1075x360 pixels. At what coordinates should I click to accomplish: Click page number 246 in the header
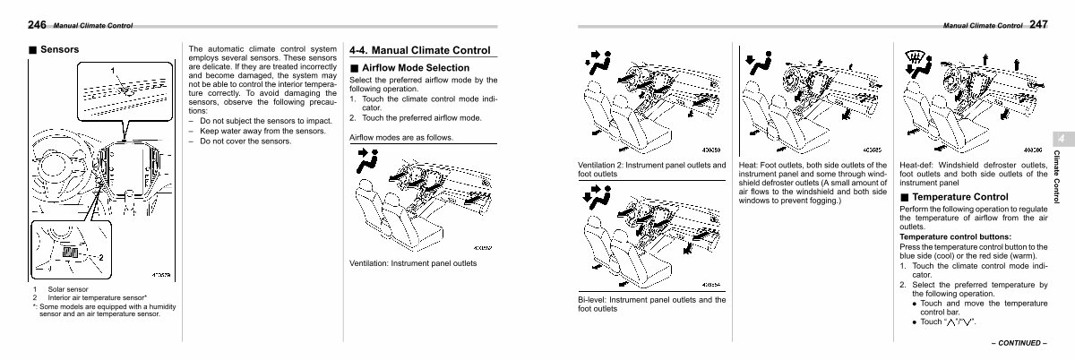pos(37,25)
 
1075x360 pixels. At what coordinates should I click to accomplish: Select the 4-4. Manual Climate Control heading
pos(419,50)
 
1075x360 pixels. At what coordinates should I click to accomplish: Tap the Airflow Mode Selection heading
pos(415,68)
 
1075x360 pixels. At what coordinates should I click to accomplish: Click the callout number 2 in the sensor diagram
pos(102,258)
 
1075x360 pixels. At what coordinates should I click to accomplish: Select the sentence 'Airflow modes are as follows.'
pos(400,138)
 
